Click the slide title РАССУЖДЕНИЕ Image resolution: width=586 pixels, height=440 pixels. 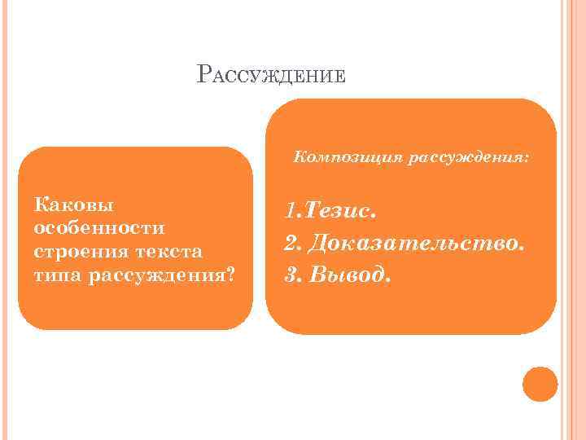[272, 76]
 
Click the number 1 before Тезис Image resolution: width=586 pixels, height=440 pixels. [289, 212]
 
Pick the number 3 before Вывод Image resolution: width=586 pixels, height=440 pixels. [290, 275]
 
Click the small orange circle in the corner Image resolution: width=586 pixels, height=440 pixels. [540, 384]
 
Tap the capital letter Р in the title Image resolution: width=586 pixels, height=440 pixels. [203, 75]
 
